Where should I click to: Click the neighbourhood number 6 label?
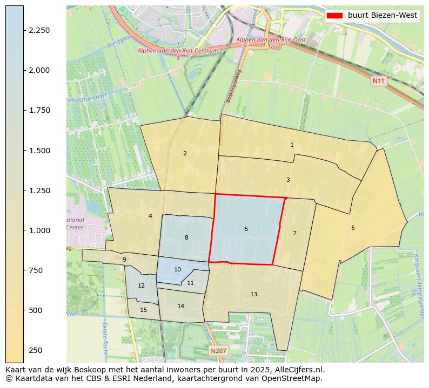246,229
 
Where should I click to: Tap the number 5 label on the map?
353,228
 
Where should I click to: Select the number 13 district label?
253,294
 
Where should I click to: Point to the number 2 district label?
185,153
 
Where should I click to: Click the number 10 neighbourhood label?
177,269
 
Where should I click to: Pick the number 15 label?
143,310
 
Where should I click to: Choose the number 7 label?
294,233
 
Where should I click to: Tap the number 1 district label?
292,145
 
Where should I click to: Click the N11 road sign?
379,80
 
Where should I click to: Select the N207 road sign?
218,351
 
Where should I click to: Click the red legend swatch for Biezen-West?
334,16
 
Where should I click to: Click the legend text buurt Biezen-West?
382,16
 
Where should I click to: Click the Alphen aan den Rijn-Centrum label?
178,51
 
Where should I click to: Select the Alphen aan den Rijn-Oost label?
271,40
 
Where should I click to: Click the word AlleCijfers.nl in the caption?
299,370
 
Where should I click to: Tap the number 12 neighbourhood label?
141,285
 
